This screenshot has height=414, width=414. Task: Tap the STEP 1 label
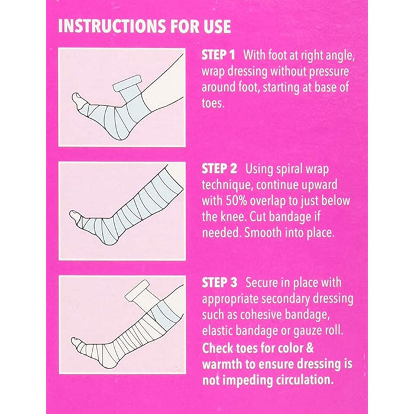pyautogui.click(x=218, y=55)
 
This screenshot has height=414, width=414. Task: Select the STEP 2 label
pyautogui.click(x=219, y=169)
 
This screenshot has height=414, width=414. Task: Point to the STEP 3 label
pyautogui.click(x=219, y=283)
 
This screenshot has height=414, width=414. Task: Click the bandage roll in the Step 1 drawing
pyautogui.click(x=127, y=83)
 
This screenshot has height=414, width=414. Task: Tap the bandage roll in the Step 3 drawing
pyautogui.click(x=137, y=290)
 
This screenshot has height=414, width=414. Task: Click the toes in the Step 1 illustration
pyautogui.click(x=78, y=99)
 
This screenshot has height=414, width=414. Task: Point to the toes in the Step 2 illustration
pyautogui.click(x=75, y=215)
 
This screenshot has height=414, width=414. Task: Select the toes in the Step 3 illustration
pyautogui.click(x=77, y=342)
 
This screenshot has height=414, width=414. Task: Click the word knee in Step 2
pyautogui.click(x=234, y=217)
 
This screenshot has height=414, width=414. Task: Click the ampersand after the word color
pyautogui.click(x=309, y=348)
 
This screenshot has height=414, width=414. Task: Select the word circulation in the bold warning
pyautogui.click(x=304, y=380)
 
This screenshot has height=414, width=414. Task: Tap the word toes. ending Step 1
pyautogui.click(x=213, y=103)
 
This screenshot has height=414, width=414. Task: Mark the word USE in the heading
pyautogui.click(x=217, y=26)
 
